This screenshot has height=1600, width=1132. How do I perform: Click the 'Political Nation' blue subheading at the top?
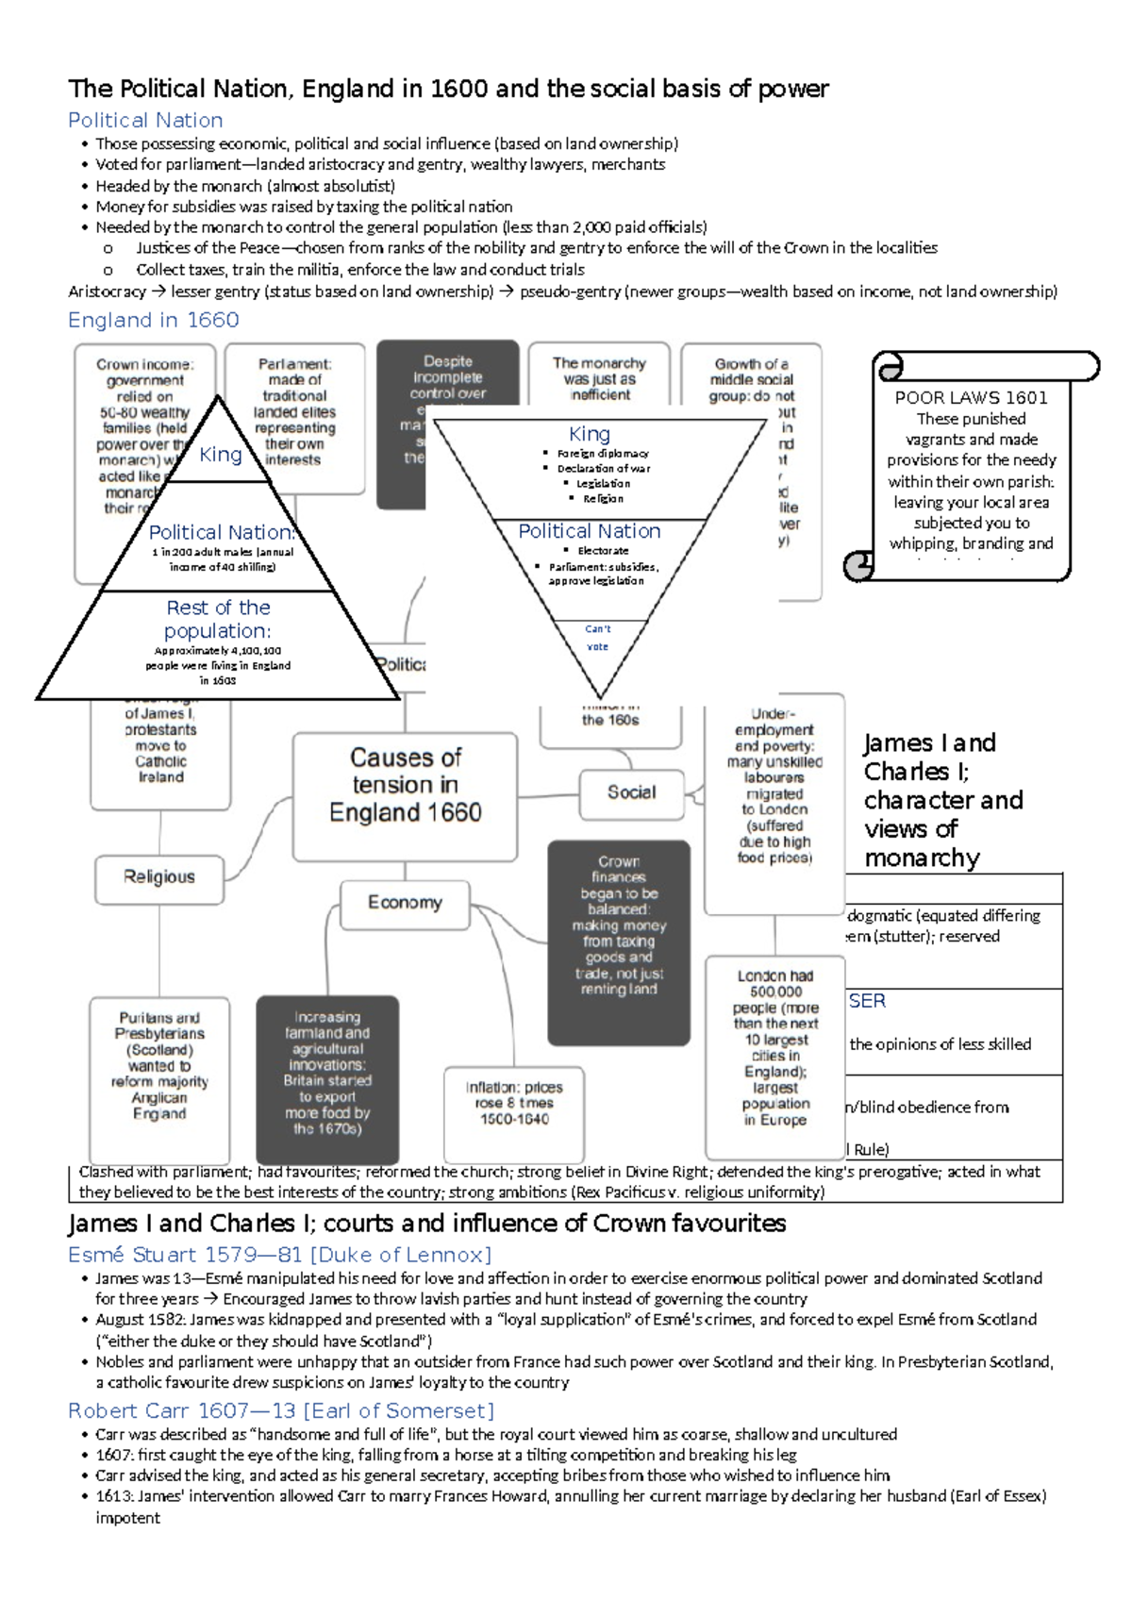(x=145, y=121)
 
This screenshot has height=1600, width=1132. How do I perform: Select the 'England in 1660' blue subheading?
(x=153, y=321)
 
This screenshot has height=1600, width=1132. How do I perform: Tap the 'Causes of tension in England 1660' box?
(x=405, y=785)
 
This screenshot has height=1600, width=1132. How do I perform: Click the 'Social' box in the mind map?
(x=631, y=792)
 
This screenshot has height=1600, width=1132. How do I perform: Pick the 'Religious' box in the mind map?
(x=159, y=877)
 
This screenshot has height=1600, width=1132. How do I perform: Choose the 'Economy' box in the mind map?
(x=405, y=903)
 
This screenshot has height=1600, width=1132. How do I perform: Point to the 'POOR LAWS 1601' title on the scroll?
(x=971, y=397)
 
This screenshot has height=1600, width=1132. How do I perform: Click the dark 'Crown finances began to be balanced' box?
(x=619, y=925)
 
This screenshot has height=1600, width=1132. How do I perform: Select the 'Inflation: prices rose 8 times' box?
(x=514, y=1103)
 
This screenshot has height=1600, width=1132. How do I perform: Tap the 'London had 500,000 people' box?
(x=775, y=1047)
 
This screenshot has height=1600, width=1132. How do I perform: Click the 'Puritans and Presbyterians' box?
(x=159, y=1066)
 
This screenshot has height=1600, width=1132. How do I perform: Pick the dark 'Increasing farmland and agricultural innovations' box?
(x=327, y=1073)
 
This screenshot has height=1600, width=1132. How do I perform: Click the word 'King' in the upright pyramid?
(x=221, y=455)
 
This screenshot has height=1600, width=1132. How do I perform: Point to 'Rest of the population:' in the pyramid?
(x=218, y=619)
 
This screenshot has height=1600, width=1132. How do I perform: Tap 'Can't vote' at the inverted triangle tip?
(x=598, y=638)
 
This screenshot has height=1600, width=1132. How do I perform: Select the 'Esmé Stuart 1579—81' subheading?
(x=279, y=1255)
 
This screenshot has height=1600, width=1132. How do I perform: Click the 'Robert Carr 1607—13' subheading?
(x=281, y=1410)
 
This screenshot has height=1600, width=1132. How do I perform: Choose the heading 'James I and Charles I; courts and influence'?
(x=426, y=1224)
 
